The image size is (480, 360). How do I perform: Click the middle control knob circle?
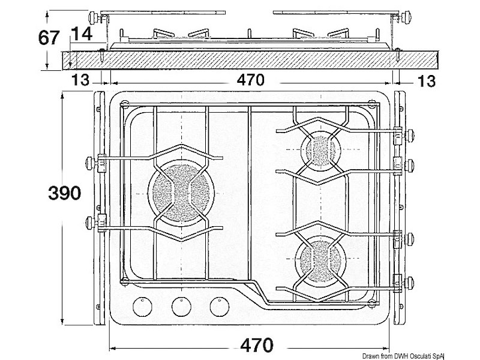181,306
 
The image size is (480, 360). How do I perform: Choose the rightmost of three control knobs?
219,306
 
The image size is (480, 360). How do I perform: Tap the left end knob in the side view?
92,16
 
